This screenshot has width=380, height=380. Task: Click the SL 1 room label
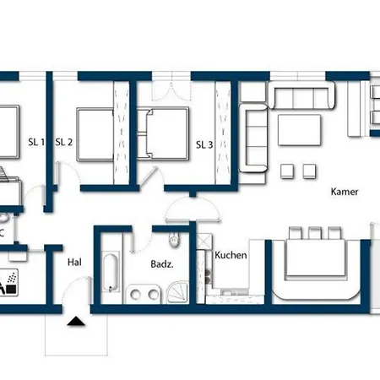[x=36, y=142]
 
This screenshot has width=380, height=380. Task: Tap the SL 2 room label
[x=64, y=142]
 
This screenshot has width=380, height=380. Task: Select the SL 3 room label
[x=204, y=144]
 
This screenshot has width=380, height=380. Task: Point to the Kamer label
[x=345, y=192]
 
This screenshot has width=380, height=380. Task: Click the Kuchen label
[x=231, y=255]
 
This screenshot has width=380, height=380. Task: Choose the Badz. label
[x=162, y=264]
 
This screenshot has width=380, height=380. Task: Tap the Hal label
[x=74, y=263]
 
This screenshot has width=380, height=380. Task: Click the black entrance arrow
[x=76, y=321]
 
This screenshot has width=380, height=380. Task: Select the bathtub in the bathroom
[x=111, y=273]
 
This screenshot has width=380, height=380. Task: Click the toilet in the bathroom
[x=174, y=240]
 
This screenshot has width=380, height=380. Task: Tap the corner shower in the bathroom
[x=178, y=292]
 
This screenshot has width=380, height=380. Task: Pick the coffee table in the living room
[x=299, y=130]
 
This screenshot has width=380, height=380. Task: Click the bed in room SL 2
[x=95, y=134]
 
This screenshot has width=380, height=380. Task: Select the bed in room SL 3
[x=163, y=133]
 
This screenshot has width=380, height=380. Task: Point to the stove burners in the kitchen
[x=208, y=276]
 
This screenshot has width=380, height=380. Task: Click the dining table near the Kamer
[x=315, y=258]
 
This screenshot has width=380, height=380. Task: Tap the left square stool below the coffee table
[x=287, y=171]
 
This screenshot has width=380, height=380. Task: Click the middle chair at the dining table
[x=315, y=233]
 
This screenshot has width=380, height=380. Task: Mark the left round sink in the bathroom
[x=135, y=294]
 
